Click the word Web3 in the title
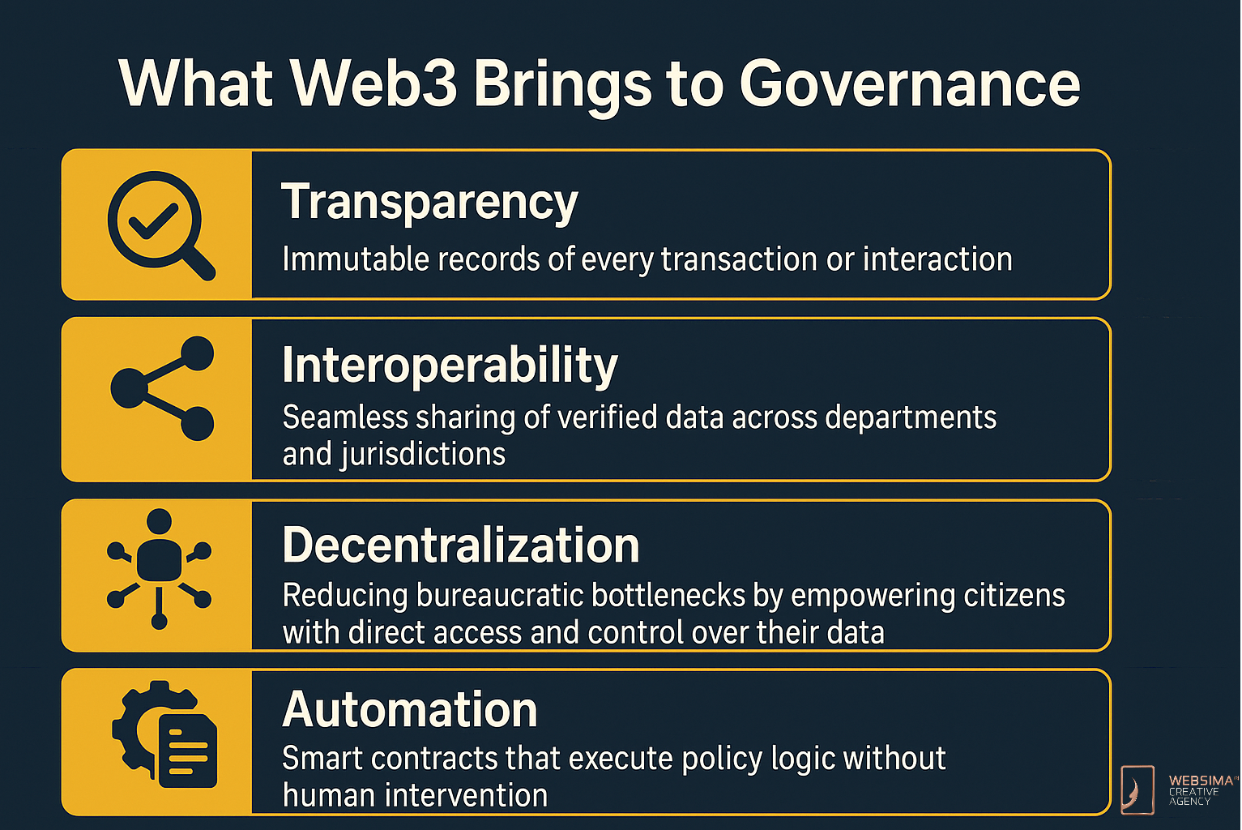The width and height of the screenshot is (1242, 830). click(375, 84)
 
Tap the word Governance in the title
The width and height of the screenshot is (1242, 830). click(910, 84)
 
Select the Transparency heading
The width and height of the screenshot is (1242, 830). click(429, 203)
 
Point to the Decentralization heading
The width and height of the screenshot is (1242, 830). click(461, 545)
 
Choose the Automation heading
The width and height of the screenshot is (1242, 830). click(410, 709)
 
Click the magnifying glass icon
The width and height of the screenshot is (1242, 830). click(161, 225)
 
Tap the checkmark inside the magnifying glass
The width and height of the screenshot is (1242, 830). click(153, 220)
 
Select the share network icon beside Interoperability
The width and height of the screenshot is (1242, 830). click(163, 388)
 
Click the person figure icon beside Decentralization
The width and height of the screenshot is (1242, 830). click(159, 569)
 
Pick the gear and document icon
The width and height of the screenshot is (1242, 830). click(164, 734)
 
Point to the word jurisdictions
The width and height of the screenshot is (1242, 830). click(423, 455)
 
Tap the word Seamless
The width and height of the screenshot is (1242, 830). click(345, 417)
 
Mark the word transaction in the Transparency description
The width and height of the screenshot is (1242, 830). click(739, 259)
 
